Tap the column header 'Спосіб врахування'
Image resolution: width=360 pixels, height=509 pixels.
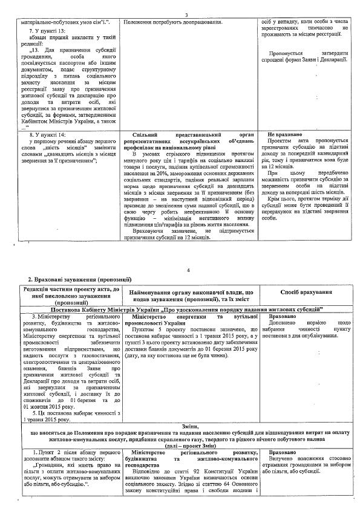tap(307, 293)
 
